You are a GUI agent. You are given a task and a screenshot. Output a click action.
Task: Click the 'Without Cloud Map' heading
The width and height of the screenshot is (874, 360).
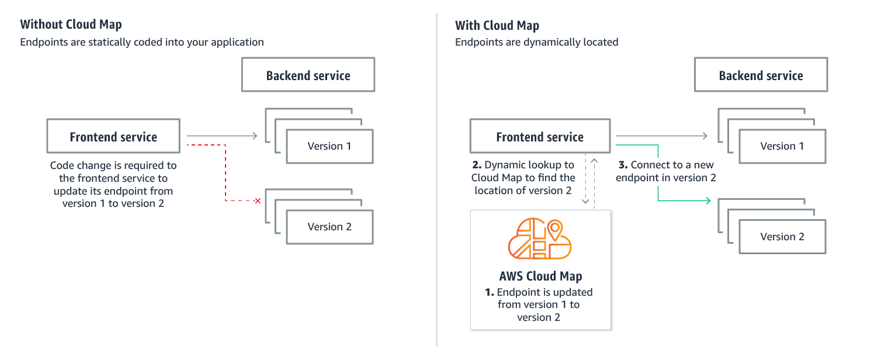point(71,25)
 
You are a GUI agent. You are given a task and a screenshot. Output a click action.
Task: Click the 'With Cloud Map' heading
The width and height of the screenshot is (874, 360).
point(497,25)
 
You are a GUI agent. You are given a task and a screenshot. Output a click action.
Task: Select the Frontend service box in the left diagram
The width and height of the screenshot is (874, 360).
point(113,137)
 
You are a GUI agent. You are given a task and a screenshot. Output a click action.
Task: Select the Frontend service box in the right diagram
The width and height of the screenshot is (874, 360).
point(540,137)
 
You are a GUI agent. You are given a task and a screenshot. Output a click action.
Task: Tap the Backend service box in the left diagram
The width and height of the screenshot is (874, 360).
point(308,75)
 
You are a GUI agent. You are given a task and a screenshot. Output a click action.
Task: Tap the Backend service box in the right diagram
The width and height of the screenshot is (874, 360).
point(761,75)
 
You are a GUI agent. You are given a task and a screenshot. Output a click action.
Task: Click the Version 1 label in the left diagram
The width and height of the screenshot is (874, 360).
point(330,146)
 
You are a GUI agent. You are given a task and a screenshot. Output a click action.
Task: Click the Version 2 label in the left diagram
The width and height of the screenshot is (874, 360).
point(330,227)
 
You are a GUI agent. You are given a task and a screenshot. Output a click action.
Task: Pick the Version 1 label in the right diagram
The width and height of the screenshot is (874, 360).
point(782,146)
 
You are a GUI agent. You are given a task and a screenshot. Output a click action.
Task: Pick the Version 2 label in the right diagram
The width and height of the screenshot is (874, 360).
point(782,237)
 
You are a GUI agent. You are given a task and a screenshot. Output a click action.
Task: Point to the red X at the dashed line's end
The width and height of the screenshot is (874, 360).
point(256,201)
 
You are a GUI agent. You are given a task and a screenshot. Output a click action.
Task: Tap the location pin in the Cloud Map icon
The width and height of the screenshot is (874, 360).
point(554,229)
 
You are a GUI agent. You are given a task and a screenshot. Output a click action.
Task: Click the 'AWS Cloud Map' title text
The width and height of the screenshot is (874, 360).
point(540,276)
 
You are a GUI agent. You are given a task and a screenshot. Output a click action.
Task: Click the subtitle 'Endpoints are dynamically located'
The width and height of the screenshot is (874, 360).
point(536,42)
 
